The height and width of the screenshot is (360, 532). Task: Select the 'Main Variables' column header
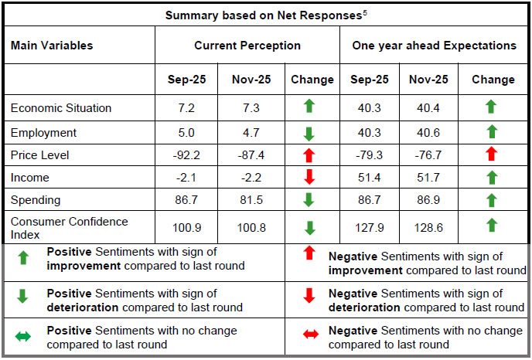click(52, 46)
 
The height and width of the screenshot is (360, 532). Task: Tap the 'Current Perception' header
click(247, 46)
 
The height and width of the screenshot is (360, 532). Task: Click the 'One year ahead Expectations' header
click(434, 46)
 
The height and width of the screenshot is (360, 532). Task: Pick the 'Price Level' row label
click(39, 155)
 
